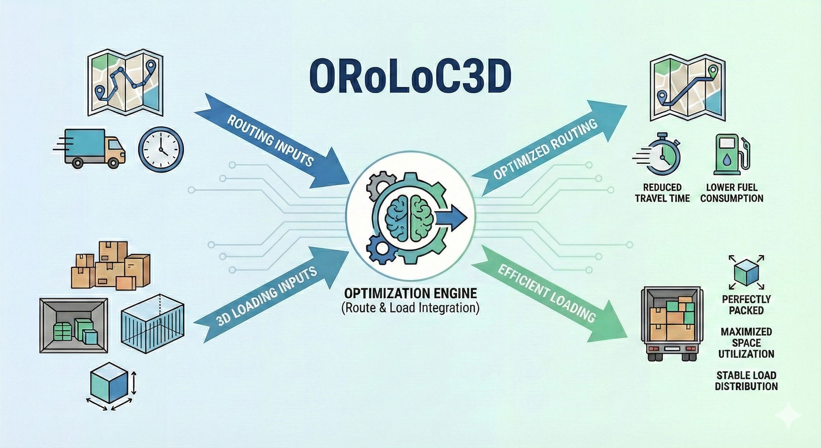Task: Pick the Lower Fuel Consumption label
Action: pyautogui.click(x=731, y=193)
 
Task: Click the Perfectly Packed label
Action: pyautogui.click(x=746, y=305)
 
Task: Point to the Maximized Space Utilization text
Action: pyautogui.click(x=746, y=343)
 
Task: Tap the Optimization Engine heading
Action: pyautogui.click(x=410, y=293)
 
